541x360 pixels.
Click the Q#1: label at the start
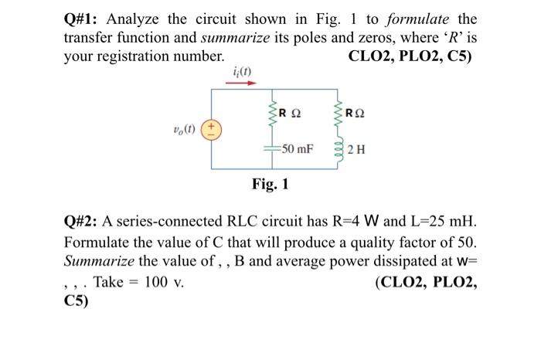click(x=81, y=19)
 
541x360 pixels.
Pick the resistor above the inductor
click(x=337, y=115)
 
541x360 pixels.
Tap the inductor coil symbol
click(x=337, y=148)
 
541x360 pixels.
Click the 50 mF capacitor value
click(x=297, y=148)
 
